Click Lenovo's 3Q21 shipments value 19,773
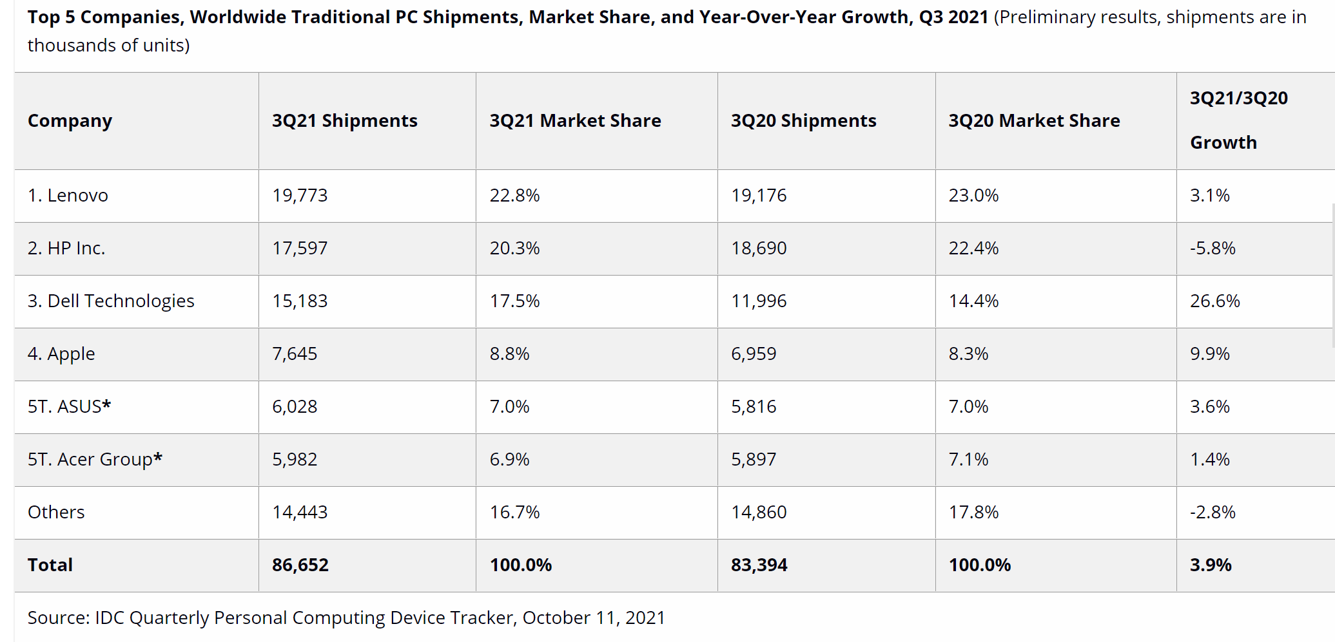tap(300, 195)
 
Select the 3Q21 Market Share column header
tap(575, 120)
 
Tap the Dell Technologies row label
tap(111, 301)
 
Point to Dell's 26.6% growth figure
tap(1214, 301)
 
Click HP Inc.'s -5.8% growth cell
tap(1213, 248)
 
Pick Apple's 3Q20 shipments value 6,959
tap(754, 354)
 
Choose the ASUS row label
tap(69, 406)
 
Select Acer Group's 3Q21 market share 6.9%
tap(509, 459)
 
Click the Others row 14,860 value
tap(759, 512)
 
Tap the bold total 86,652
tap(300, 565)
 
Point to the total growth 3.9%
tap(1211, 565)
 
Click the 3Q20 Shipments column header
tap(803, 120)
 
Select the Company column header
tap(70, 120)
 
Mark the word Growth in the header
tap(1223, 142)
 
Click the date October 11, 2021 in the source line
tap(594, 618)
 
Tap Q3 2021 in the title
tap(953, 17)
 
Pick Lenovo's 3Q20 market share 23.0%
tap(973, 195)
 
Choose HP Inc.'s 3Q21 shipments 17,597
tap(300, 248)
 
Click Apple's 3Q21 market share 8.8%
tap(509, 354)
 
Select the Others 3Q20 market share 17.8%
tap(973, 512)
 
